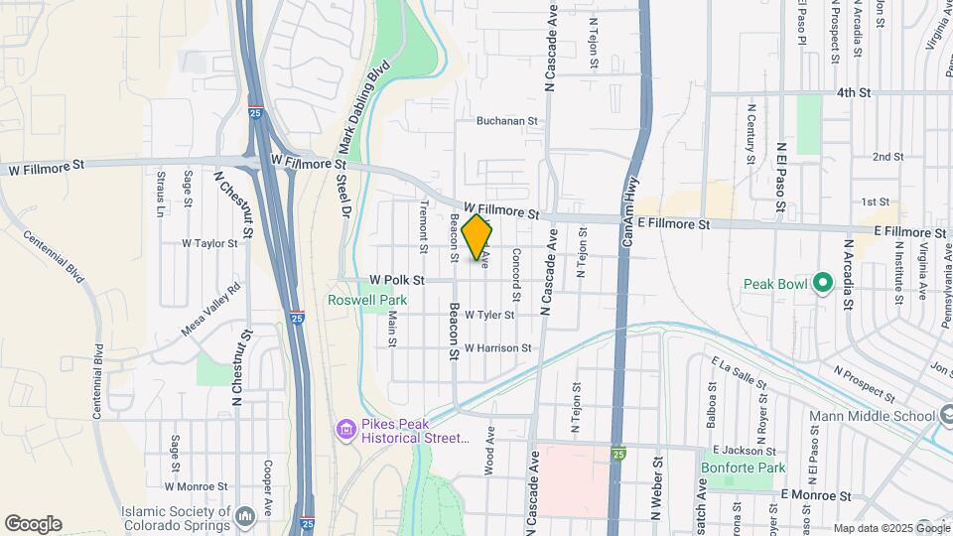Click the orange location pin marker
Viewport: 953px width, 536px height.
[x=477, y=236]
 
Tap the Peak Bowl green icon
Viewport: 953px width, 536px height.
[x=821, y=284]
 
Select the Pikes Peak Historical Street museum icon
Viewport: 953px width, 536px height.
[x=345, y=429]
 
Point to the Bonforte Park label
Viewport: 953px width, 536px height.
[x=743, y=468]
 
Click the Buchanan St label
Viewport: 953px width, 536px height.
[x=506, y=121]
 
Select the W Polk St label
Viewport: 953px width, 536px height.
[x=396, y=281]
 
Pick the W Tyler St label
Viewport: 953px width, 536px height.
[x=482, y=315]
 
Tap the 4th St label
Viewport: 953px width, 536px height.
[x=853, y=92]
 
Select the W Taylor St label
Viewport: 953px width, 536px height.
[x=210, y=243]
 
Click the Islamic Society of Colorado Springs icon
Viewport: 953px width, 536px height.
[x=246, y=515]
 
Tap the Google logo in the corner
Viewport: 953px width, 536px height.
[x=33, y=524]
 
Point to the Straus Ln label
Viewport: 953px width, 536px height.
[x=160, y=194]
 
